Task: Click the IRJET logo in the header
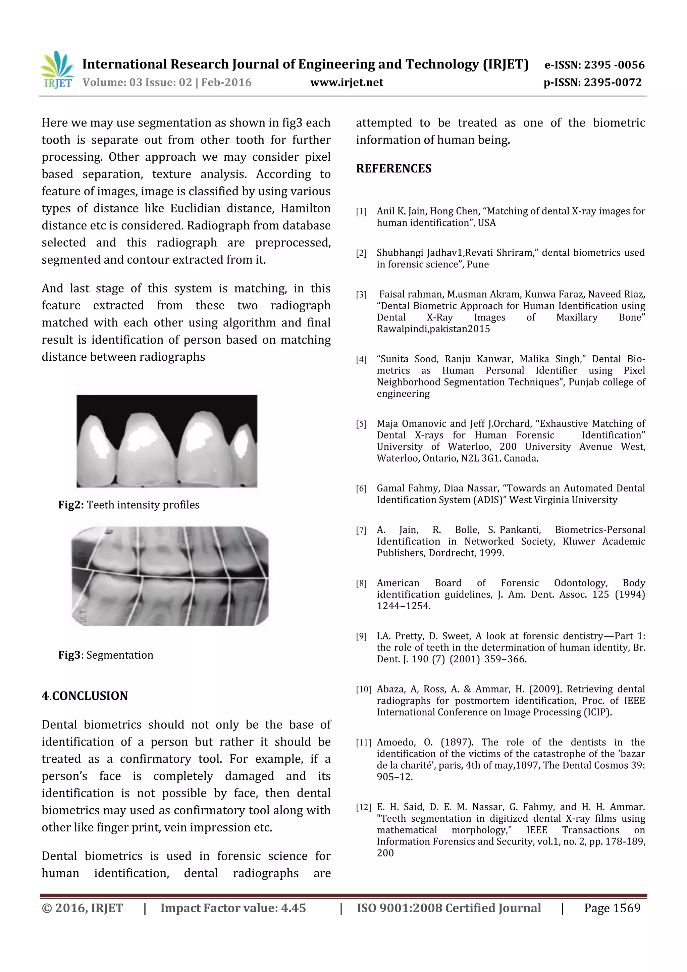(57, 70)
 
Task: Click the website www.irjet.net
(346, 83)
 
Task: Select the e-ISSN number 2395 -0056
(614, 65)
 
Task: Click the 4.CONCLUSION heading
(85, 696)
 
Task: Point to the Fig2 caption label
(71, 505)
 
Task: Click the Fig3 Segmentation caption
(106, 655)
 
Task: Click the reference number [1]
(361, 212)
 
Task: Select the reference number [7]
(361, 530)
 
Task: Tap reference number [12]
(363, 807)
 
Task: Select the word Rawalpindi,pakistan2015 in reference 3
(433, 329)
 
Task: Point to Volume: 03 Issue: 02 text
(137, 83)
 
